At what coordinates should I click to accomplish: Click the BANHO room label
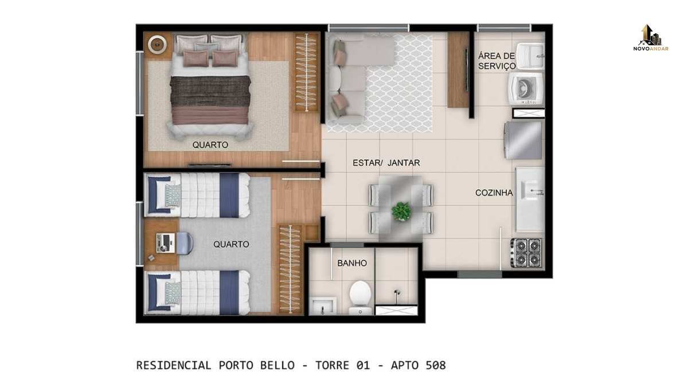(352, 263)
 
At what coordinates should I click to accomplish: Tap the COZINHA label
(494, 193)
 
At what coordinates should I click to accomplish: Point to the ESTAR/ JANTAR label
(386, 163)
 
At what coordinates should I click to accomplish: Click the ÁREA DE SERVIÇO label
(497, 61)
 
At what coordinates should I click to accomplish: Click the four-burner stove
(526, 252)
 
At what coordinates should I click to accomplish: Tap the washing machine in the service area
(526, 89)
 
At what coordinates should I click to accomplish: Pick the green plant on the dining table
(401, 212)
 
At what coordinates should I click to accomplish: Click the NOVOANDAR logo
(651, 38)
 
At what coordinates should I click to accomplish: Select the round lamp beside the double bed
(157, 45)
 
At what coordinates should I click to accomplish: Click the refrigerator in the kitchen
(523, 140)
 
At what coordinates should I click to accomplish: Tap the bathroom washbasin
(322, 306)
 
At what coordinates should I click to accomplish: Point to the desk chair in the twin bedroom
(184, 243)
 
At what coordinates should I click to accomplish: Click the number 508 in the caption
(436, 366)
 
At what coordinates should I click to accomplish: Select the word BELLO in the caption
(277, 366)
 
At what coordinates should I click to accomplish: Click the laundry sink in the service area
(530, 56)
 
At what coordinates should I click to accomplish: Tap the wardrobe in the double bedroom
(306, 72)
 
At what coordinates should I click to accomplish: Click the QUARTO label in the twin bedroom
(231, 244)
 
